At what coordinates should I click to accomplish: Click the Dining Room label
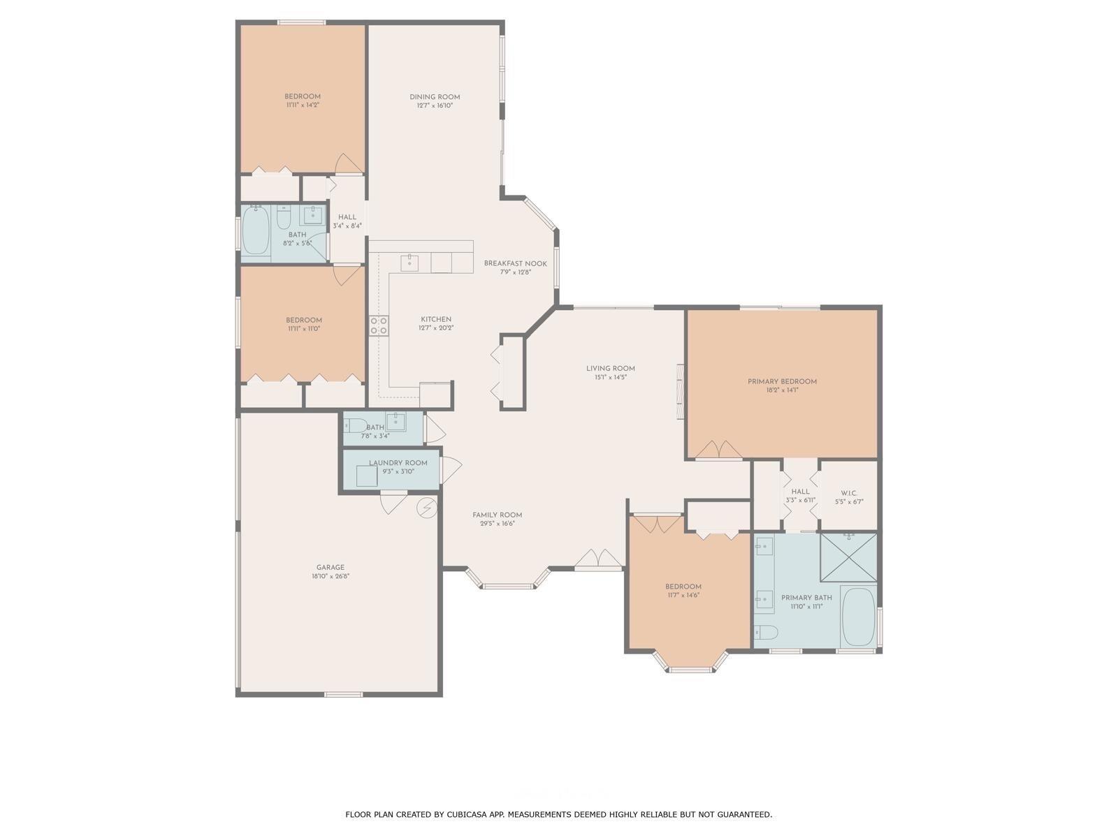435,97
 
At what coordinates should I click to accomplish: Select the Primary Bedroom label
782,381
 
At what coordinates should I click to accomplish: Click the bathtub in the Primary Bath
858,617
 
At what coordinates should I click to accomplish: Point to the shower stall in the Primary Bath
848,557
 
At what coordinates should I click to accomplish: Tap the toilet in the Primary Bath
767,632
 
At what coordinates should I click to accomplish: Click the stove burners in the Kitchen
379,325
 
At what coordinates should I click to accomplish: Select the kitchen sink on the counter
409,263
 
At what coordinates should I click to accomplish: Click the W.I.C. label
849,493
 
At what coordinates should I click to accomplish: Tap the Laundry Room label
398,463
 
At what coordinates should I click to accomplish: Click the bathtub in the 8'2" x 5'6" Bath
256,230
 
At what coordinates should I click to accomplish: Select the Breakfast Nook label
515,263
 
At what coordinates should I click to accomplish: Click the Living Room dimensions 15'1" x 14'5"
610,377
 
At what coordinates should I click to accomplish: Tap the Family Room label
497,515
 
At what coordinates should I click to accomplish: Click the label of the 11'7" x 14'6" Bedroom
683,587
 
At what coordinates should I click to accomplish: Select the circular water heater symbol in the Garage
426,508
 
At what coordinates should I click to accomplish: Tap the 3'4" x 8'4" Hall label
347,217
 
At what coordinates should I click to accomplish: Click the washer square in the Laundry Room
367,476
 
